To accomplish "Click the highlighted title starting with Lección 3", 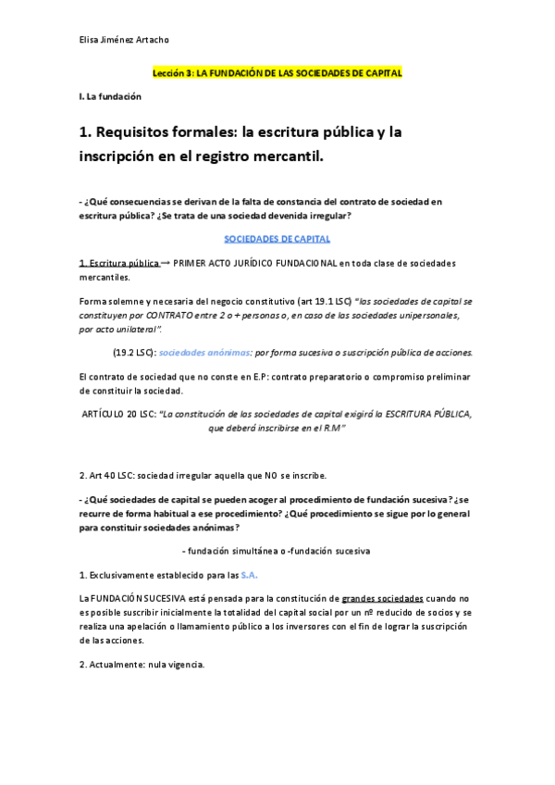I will click(x=277, y=72).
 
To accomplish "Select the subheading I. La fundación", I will click(x=110, y=96).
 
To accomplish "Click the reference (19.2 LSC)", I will click(x=133, y=353).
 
